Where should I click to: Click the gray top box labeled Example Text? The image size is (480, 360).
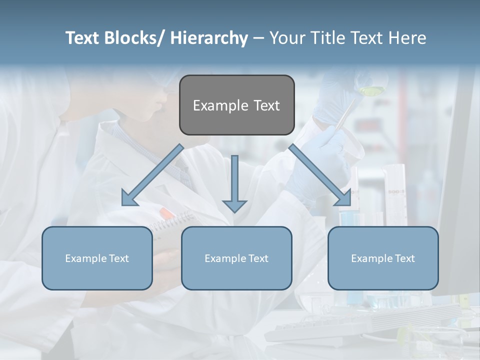(236, 105)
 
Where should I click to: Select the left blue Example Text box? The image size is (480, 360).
(97, 258)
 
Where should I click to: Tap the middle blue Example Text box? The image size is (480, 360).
(236, 258)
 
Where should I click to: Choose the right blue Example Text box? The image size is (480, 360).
(383, 258)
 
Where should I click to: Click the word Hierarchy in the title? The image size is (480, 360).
(209, 38)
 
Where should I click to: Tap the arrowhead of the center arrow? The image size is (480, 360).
(234, 205)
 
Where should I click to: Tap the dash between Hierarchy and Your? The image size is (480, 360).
(258, 38)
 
